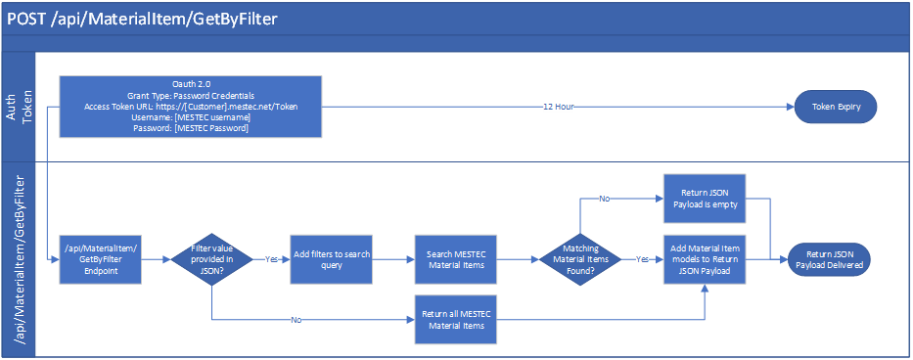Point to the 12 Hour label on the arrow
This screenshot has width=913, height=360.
tap(559, 107)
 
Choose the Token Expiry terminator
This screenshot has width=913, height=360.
tap(835, 107)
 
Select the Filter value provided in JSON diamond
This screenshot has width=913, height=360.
tap(211, 260)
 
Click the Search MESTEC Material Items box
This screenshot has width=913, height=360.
tap(456, 260)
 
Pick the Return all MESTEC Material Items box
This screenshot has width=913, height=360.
tap(456, 319)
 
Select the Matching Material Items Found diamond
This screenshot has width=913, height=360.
tap(581, 260)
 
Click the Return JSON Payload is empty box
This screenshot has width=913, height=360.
tap(706, 200)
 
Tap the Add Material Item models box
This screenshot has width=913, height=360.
tap(706, 260)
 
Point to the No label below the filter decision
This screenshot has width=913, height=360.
tap(297, 320)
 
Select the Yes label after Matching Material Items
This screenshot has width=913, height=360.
tap(642, 261)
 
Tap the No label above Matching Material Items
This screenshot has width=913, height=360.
tap(605, 200)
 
